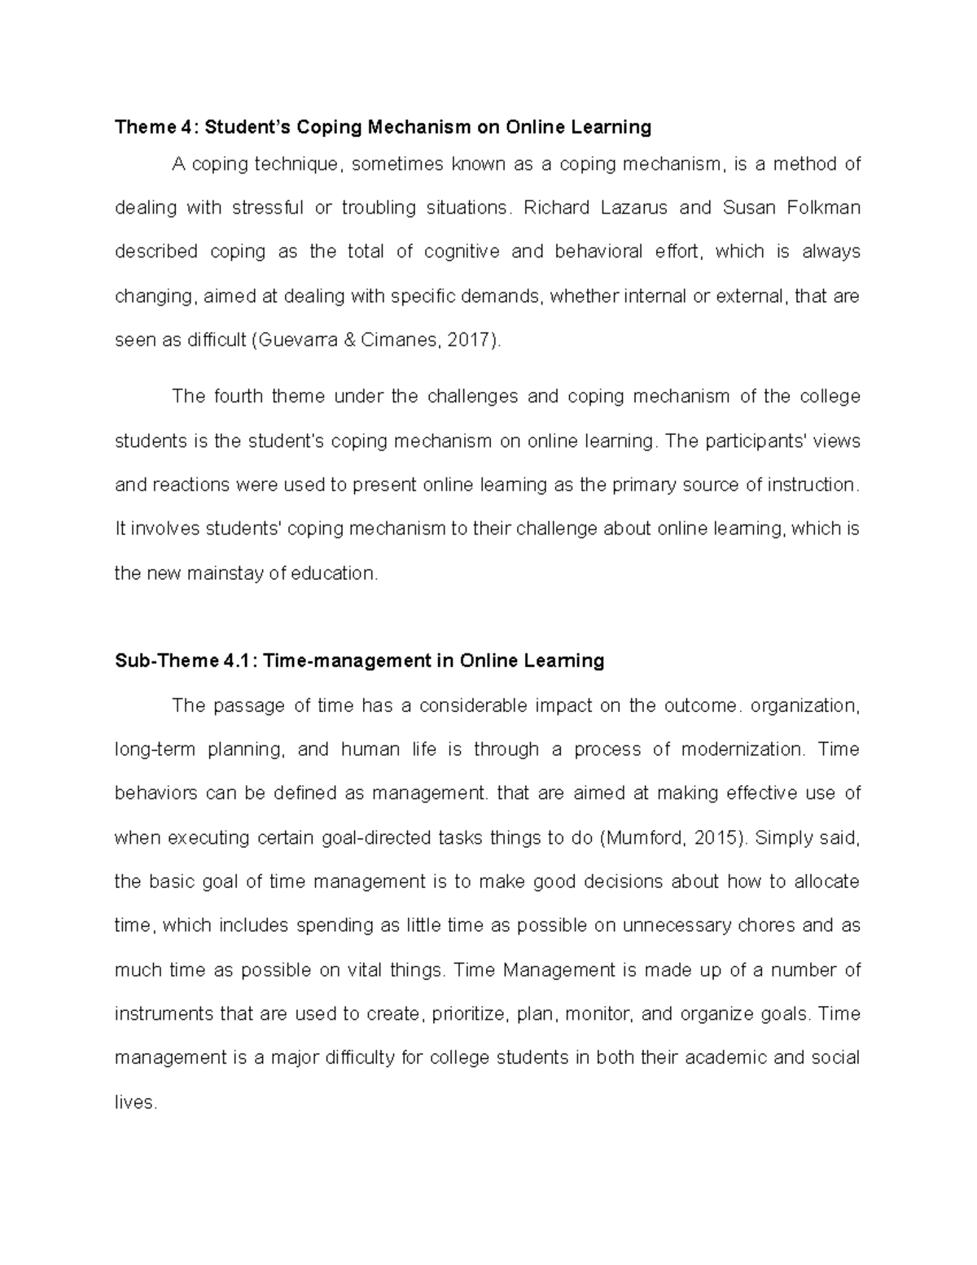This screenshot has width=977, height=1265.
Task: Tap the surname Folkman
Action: [x=823, y=208]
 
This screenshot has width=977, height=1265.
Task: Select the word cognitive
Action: [x=462, y=252]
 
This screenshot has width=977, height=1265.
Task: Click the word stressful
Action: [x=267, y=208]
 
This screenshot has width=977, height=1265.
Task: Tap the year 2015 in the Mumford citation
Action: [x=717, y=837]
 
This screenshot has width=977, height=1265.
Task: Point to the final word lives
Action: [x=134, y=1103]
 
